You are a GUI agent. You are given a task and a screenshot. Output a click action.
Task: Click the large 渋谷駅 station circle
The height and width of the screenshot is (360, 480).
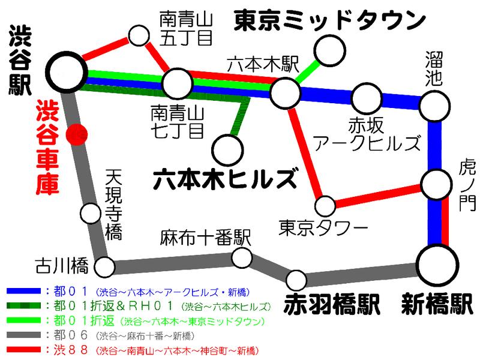coord(66,71)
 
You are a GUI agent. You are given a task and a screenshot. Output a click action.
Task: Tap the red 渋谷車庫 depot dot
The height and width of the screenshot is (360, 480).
coord(76,134)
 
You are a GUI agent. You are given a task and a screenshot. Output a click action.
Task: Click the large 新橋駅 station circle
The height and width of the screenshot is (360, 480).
coord(440,265)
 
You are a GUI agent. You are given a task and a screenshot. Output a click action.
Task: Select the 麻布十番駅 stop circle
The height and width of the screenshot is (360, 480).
coord(242,257)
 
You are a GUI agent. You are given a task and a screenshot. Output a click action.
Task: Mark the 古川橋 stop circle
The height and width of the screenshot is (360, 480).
coord(105,265)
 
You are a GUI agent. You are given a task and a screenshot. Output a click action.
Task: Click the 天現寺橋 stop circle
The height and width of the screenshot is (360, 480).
coord(90,212)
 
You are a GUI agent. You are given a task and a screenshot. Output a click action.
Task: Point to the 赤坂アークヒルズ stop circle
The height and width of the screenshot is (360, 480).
coord(364,98)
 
